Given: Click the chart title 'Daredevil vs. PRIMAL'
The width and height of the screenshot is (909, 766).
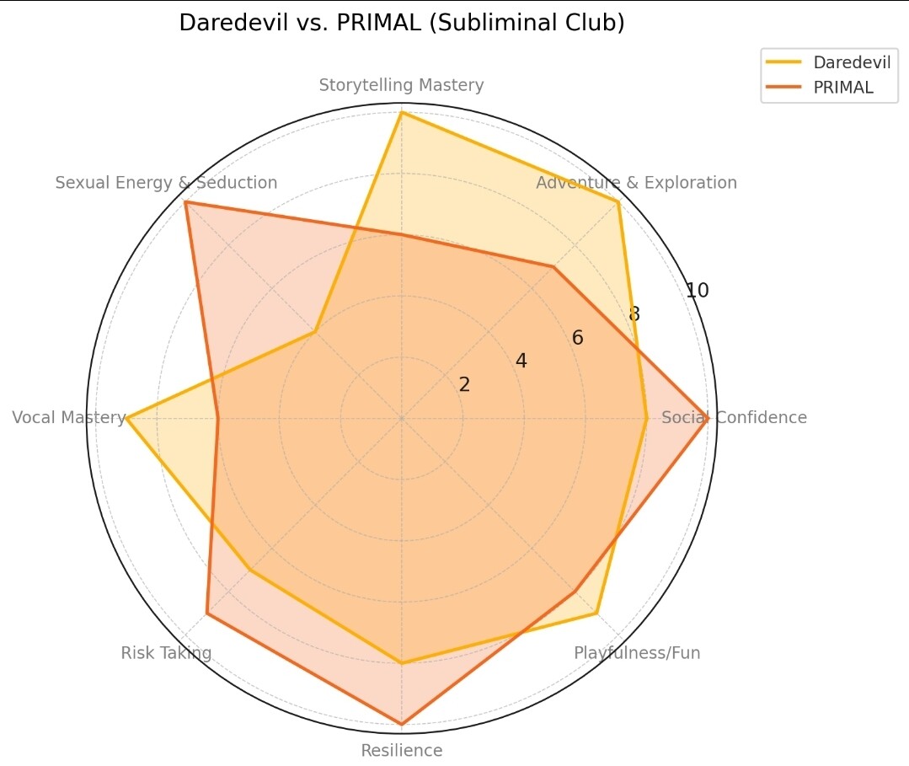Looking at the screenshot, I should (402, 23).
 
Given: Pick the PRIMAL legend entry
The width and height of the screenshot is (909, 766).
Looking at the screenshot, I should (842, 88).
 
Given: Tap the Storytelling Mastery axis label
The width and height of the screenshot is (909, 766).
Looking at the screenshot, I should (401, 85).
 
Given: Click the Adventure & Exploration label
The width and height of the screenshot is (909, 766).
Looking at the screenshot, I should (636, 183).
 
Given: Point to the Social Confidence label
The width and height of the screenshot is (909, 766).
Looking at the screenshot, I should (734, 417).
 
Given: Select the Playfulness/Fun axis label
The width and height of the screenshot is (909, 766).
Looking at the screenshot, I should (637, 653).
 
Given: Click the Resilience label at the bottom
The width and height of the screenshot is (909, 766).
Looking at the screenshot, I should (401, 751).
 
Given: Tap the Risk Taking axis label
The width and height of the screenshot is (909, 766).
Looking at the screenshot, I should (166, 653).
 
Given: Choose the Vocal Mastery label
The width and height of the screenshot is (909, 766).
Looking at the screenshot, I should (69, 417).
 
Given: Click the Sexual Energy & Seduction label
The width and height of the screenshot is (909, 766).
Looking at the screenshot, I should (166, 183).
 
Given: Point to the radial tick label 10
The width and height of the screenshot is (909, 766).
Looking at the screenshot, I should (697, 291).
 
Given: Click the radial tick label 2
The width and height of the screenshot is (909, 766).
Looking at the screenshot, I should (464, 384).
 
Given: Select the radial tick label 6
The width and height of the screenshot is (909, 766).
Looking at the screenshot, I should (577, 339).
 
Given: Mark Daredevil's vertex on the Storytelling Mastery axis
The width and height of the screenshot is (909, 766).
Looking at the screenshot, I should (401, 112).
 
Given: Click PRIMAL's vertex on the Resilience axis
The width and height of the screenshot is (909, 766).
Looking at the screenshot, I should (401, 724).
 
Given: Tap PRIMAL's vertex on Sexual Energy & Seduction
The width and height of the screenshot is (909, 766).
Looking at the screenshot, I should (185, 202).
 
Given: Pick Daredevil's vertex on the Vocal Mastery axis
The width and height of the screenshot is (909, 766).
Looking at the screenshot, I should (126, 417).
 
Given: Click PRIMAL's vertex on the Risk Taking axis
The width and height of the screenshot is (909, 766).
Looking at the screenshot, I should (207, 613).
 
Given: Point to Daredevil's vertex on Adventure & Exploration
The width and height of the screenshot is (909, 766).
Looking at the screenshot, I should (618, 202).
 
